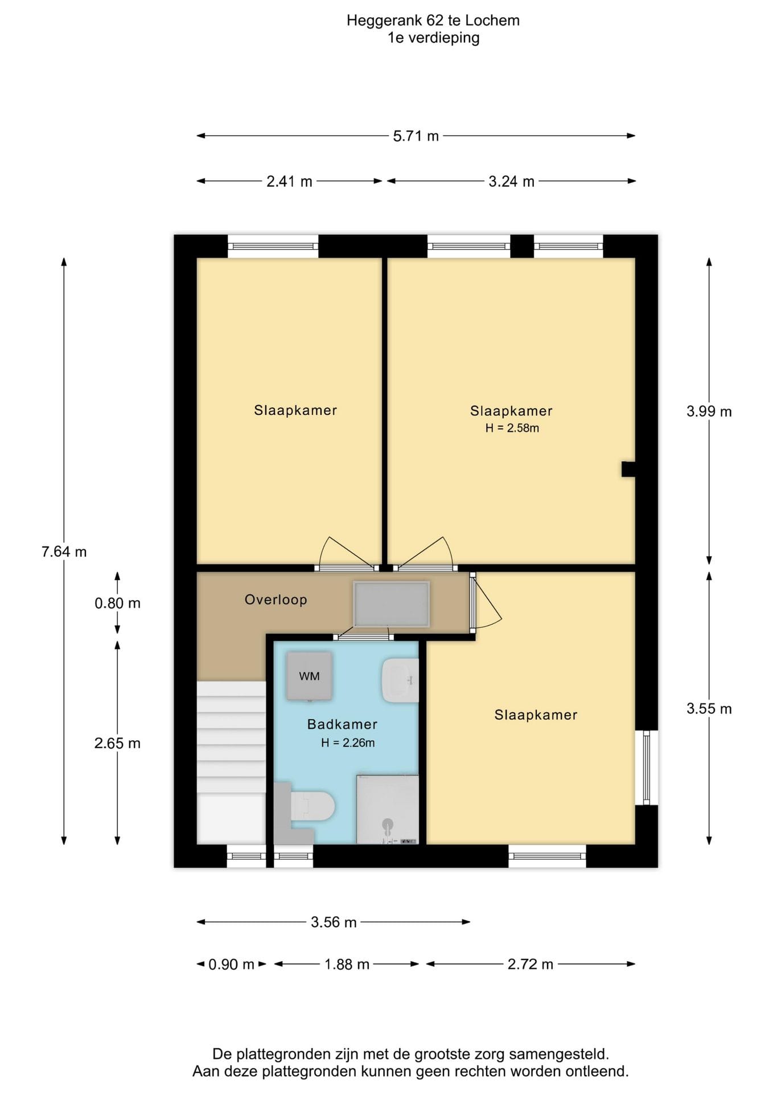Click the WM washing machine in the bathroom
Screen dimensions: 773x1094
tap(309, 676)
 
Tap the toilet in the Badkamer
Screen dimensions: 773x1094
tap(305, 806)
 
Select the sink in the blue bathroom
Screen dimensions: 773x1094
tap(400, 680)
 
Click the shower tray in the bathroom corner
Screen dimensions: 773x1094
tap(388, 809)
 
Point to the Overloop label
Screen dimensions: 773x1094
tap(276, 599)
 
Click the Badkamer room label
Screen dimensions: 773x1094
tap(342, 724)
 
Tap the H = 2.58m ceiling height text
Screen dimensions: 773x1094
tap(512, 428)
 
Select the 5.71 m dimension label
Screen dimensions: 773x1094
tap(416, 136)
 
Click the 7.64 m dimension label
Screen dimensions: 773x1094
tap(64, 552)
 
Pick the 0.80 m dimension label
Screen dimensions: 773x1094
tap(117, 603)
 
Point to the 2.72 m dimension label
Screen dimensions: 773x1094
tap(531, 964)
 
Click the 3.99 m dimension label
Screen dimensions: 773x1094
tap(709, 411)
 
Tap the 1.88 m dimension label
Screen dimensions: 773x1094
tap(347, 964)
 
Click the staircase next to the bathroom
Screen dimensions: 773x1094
tap(231, 762)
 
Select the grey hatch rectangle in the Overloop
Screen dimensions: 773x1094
tap(391, 604)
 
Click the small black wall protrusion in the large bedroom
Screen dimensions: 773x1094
tap(628, 469)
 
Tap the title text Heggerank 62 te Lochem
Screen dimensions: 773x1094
tap(433, 21)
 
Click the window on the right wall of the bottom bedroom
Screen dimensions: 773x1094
tap(647, 768)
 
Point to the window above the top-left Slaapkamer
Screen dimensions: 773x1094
tap(273, 246)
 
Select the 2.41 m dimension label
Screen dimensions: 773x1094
tap(290, 182)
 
